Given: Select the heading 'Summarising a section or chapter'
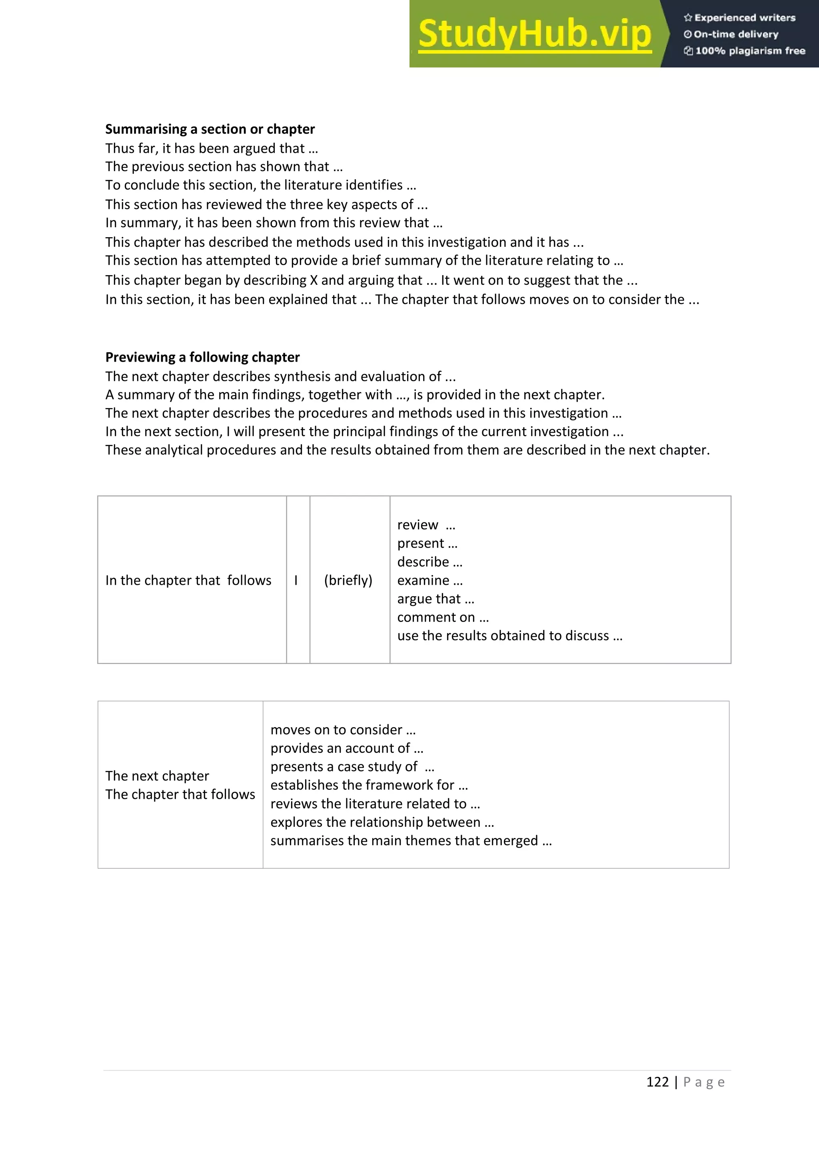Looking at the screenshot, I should [210, 129].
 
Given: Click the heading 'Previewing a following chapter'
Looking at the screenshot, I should [202, 357].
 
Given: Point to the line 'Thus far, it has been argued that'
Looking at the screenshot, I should [211, 148].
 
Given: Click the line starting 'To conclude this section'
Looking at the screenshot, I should [260, 185].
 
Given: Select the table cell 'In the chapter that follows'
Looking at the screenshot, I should [188, 580].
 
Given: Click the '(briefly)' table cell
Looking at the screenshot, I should [348, 580].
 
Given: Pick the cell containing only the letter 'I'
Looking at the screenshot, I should [296, 580].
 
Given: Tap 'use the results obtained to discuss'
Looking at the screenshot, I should [509, 636].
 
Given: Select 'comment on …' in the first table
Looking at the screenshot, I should [443, 617].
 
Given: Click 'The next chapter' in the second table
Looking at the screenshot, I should [157, 776].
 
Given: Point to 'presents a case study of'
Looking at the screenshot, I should [352, 767].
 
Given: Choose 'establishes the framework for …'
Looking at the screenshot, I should [369, 785].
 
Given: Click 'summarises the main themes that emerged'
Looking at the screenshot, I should [411, 841].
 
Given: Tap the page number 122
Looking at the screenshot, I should [657, 1082].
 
